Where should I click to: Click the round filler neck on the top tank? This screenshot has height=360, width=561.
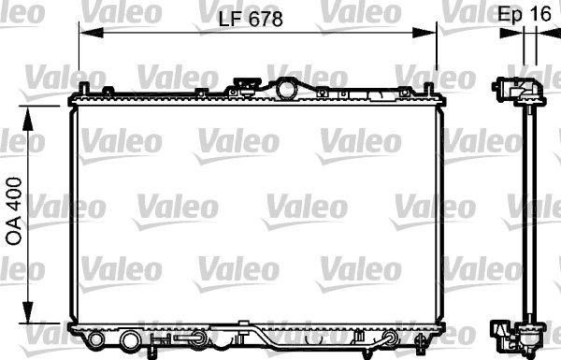pos(285,89)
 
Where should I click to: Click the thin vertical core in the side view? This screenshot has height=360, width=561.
pos(527,215)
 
